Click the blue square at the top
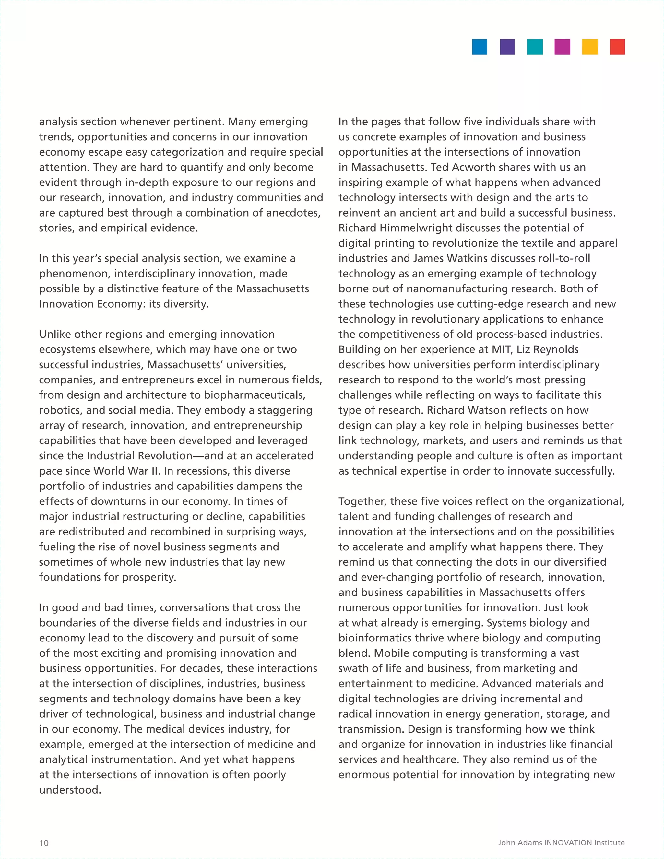click(480, 47)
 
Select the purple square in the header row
click(507, 47)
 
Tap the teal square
click(535, 47)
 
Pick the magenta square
click(562, 47)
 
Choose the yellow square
click(590, 47)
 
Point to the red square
click(617, 47)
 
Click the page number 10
click(44, 842)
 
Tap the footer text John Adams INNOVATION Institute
click(561, 842)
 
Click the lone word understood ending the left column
click(70, 790)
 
